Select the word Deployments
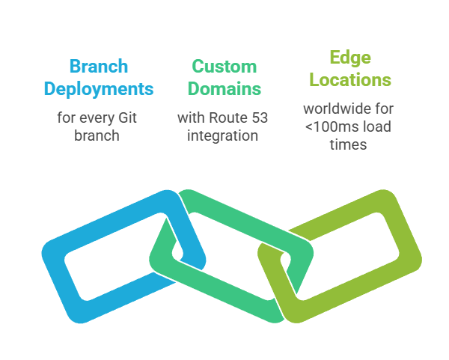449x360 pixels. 99,88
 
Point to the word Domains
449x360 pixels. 224,88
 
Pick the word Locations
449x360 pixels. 350,79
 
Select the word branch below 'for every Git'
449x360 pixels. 99,135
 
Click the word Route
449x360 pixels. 228,118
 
